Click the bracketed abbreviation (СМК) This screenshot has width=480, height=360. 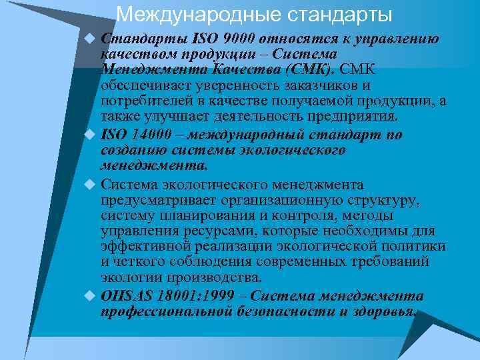pyautogui.click(x=311, y=70)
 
